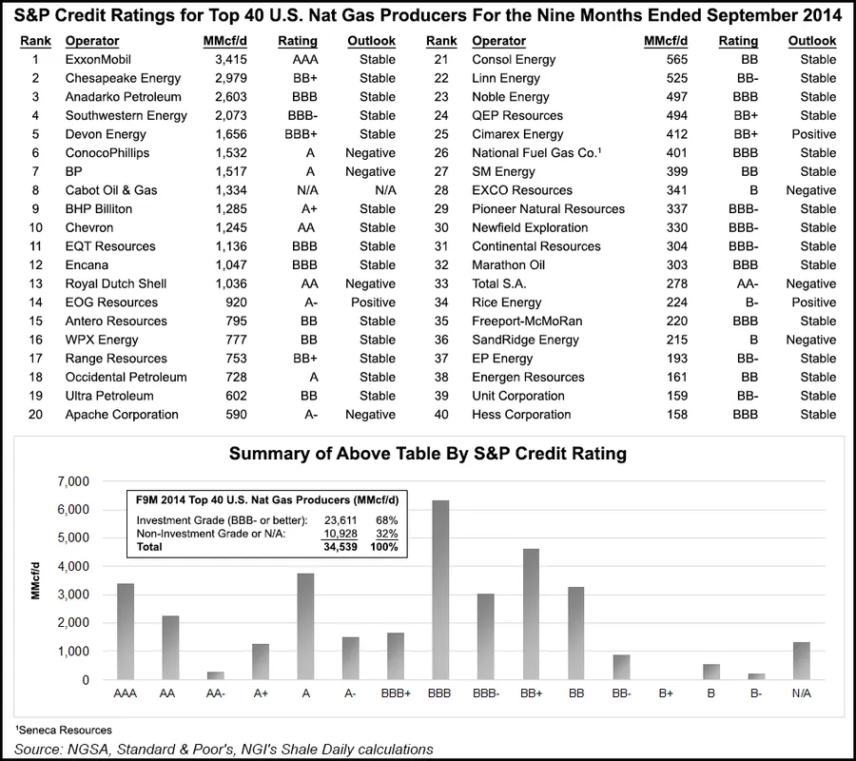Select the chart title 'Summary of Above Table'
coord(428,453)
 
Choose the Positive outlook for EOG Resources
coord(377,302)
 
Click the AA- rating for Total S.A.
coord(738,283)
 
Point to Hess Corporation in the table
coord(521,415)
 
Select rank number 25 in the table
coord(440,134)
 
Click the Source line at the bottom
coord(224,749)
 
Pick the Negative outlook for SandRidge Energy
coord(811,340)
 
